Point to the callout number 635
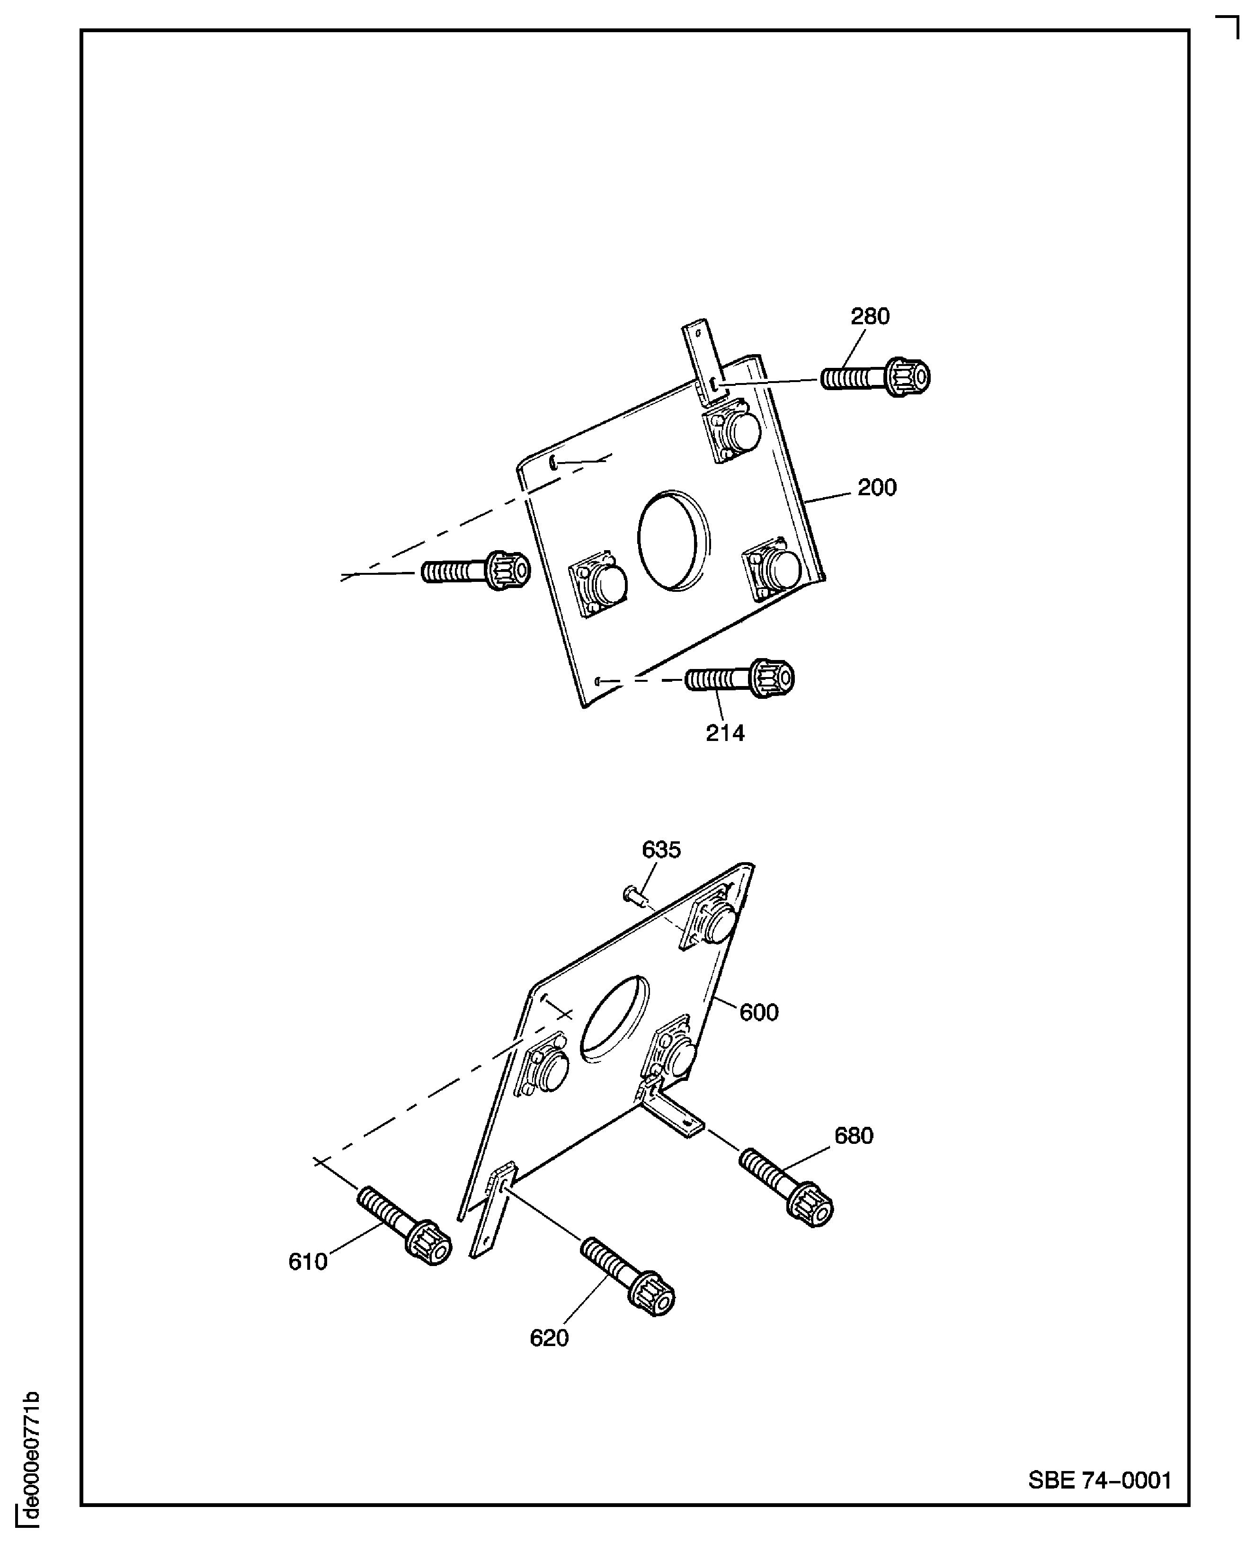tap(661, 849)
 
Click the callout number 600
tap(758, 1012)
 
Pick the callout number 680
tap(853, 1136)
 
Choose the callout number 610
tap(308, 1262)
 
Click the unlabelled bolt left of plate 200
tap(476, 571)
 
